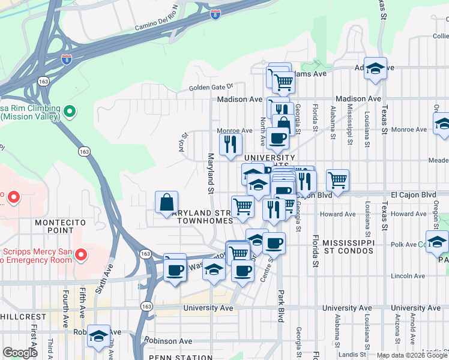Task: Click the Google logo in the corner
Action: click(x=20, y=353)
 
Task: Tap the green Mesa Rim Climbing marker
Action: click(x=70, y=111)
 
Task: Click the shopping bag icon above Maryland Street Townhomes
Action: click(x=166, y=203)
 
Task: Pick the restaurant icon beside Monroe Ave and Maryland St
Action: click(x=231, y=145)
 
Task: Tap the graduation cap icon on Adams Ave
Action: click(x=376, y=69)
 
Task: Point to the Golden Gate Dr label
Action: click(x=211, y=87)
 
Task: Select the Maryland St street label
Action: click(x=211, y=174)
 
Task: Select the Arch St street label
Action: click(x=183, y=143)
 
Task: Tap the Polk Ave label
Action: click(x=403, y=245)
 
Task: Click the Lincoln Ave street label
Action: click(x=408, y=276)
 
